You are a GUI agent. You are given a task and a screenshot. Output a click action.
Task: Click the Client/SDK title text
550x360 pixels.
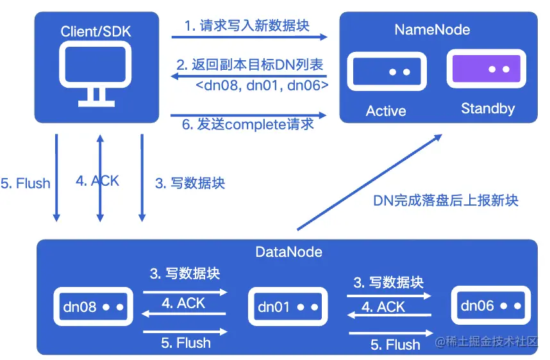pos(96,31)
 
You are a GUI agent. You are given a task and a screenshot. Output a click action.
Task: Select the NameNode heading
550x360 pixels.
pos(431,29)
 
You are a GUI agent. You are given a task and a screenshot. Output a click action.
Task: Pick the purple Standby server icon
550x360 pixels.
pos(487,69)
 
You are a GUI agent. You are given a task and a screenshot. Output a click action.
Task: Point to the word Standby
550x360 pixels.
pos(487,108)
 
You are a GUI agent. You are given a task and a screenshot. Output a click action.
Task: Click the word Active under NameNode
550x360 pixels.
pos(386,111)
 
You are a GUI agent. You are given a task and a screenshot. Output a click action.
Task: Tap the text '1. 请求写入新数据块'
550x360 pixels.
pos(247,26)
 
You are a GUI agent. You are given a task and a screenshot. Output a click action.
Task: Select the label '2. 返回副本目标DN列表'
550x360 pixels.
pos(249,65)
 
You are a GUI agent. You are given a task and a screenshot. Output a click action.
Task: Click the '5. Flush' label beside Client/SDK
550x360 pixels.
pos(26,184)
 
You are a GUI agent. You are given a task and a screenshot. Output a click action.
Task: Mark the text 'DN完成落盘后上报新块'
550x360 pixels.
pos(446,200)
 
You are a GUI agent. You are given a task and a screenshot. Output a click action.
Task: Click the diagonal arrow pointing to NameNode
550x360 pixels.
pos(369,182)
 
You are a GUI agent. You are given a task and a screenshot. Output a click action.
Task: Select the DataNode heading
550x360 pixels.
pos(288,252)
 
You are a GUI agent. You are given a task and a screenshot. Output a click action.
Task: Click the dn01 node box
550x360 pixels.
pos(287,307)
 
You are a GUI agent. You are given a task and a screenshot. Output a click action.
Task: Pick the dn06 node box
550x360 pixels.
pos(491,306)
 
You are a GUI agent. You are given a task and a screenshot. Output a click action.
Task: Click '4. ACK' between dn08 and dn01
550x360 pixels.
pos(183,303)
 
